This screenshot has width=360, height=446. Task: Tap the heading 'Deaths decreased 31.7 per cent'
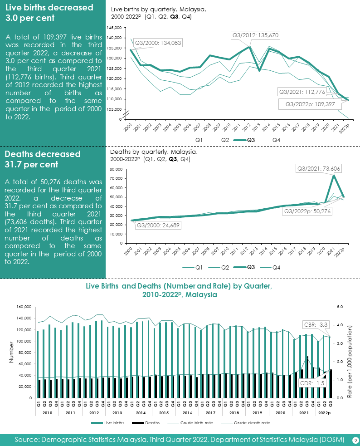coord(43,158)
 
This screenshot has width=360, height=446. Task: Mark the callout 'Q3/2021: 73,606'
coord(318,169)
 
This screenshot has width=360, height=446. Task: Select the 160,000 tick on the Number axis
coord(23,307)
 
